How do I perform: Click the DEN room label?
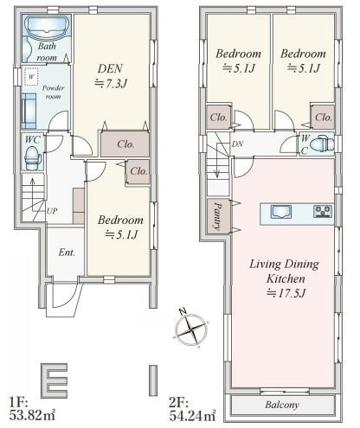click(x=110, y=68)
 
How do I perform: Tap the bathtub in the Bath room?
click(x=47, y=29)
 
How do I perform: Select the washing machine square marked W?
click(x=31, y=77)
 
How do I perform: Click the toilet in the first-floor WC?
click(x=33, y=158)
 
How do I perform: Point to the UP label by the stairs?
click(x=52, y=211)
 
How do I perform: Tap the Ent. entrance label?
click(x=67, y=252)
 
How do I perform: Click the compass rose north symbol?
click(x=191, y=329)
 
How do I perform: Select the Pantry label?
click(x=218, y=216)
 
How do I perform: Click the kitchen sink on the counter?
click(x=281, y=212)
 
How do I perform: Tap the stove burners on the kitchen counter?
click(x=323, y=211)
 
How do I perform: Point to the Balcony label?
click(x=282, y=405)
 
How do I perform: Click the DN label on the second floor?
click(x=237, y=144)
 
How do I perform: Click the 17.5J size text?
click(x=286, y=293)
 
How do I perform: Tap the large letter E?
click(x=55, y=380)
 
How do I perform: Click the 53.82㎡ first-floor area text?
click(x=32, y=415)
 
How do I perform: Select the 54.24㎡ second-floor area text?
click(x=192, y=416)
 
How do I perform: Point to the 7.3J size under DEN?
click(x=111, y=84)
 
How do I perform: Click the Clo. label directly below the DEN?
click(x=125, y=144)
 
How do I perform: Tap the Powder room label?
click(x=53, y=92)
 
